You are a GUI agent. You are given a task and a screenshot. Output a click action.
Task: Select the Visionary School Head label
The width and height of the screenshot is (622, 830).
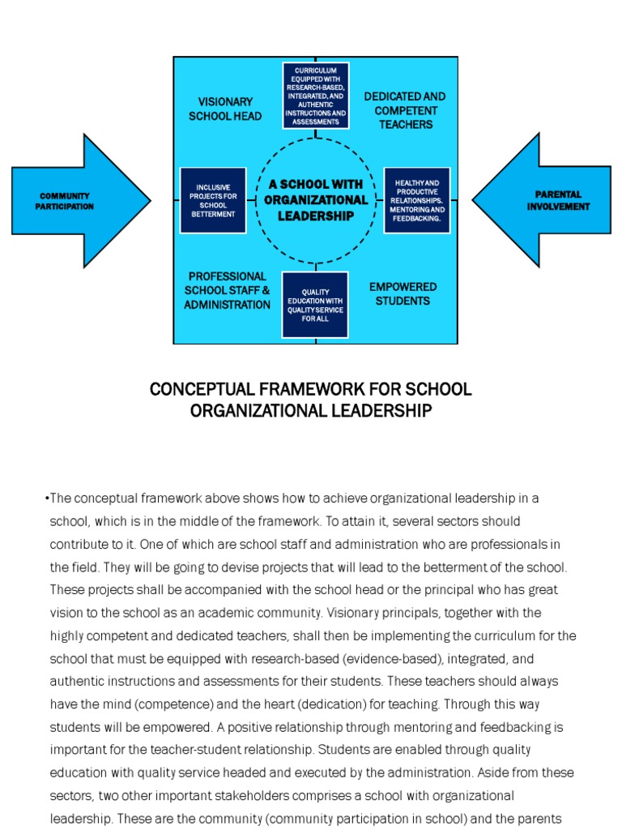(x=225, y=109)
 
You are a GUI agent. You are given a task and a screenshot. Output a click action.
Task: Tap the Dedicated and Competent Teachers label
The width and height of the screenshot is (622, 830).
(x=404, y=110)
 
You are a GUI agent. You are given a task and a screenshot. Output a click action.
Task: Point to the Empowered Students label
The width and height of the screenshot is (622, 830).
(x=403, y=293)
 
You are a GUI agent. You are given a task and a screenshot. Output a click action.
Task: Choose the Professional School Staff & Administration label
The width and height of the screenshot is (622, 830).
(x=227, y=290)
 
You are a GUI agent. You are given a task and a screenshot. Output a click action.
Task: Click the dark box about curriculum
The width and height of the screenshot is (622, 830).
(x=315, y=96)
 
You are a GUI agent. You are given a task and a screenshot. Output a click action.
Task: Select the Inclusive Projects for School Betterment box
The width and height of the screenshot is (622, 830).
(x=212, y=201)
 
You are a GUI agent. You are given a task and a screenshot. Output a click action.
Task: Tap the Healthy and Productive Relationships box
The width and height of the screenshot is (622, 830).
(x=416, y=201)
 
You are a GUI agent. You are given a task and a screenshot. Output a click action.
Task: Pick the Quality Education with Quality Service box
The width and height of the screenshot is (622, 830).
(x=315, y=305)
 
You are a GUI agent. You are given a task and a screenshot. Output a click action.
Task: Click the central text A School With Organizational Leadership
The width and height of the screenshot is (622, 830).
(x=316, y=200)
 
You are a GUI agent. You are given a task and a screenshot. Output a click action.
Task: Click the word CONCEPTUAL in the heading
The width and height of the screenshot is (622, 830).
(x=190, y=389)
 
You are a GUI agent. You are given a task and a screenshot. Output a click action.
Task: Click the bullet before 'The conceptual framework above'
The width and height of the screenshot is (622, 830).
(x=47, y=498)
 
